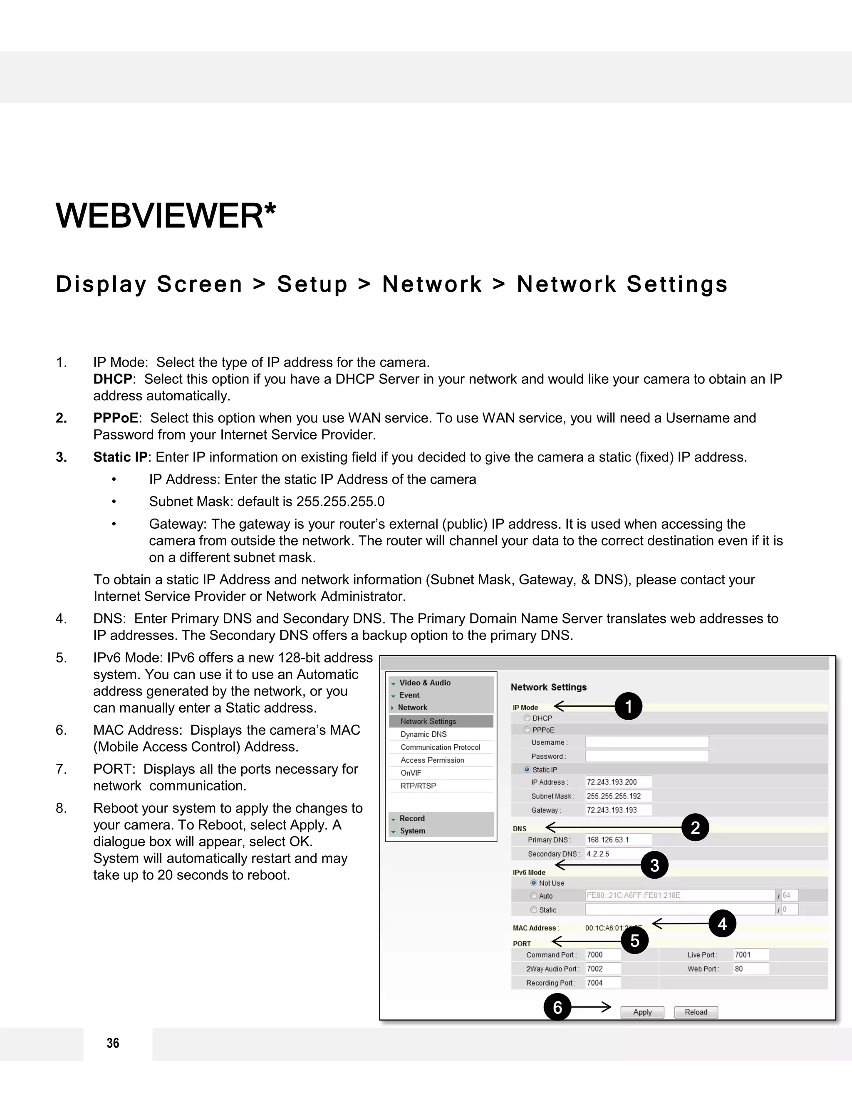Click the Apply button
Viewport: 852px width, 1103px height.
tap(642, 1012)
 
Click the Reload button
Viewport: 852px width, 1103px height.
tap(696, 1012)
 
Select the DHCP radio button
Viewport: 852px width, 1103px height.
tap(527, 718)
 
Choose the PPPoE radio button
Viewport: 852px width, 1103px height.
tap(527, 730)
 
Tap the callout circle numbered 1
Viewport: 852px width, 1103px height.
tap(629, 706)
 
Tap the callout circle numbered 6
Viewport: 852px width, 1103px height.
tap(557, 1008)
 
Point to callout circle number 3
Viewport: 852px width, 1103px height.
tap(655, 866)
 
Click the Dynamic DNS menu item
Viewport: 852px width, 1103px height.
tap(424, 734)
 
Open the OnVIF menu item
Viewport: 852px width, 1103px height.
tap(411, 773)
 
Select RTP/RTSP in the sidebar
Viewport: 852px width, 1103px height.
tap(418, 786)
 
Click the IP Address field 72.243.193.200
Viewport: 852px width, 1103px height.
tap(618, 782)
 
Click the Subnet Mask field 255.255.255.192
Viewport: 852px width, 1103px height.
tap(618, 796)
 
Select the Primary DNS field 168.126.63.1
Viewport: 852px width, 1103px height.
tap(618, 840)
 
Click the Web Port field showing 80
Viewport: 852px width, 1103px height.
tap(750, 969)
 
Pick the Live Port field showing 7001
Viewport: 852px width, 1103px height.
tap(750, 954)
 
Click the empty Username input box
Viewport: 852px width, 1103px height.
tap(646, 742)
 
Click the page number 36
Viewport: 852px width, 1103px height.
tap(113, 1043)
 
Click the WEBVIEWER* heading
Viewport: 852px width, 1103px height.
tap(166, 216)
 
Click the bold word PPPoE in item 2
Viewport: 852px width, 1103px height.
tap(116, 418)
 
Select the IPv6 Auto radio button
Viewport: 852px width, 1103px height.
tap(533, 896)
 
